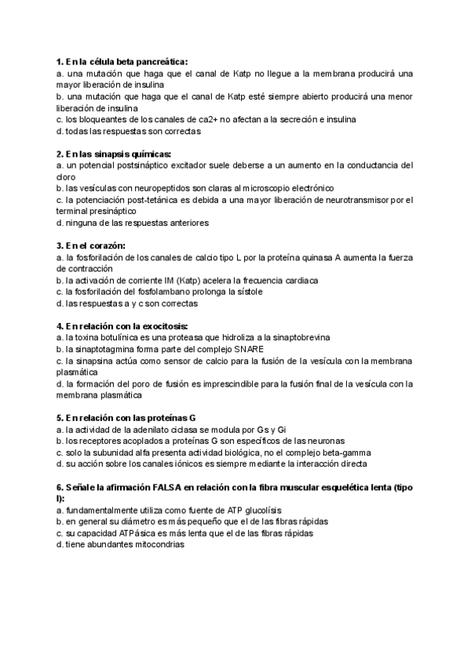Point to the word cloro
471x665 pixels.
coord(68,177)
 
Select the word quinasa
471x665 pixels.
coord(314,257)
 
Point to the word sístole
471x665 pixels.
coord(246,292)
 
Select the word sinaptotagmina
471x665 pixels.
coord(106,349)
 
